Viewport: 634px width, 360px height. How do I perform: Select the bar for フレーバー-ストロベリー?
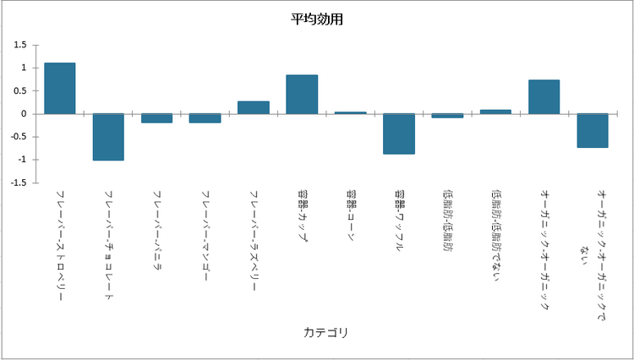(60, 88)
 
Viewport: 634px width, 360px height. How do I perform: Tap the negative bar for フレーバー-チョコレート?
(108, 137)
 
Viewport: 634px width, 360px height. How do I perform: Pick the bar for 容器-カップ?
(302, 94)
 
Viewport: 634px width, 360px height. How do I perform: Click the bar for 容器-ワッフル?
(399, 134)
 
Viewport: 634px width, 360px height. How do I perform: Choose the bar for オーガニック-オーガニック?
(544, 96)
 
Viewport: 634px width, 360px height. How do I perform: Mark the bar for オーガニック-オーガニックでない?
(593, 130)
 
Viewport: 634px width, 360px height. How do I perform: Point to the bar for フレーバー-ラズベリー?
(254, 107)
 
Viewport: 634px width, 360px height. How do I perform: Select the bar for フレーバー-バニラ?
(157, 118)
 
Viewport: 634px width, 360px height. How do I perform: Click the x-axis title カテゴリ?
(326, 332)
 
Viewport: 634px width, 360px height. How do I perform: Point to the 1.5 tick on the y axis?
(20, 45)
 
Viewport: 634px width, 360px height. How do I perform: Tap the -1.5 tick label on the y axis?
(19, 183)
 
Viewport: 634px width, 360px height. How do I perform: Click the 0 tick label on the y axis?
(25, 113)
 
